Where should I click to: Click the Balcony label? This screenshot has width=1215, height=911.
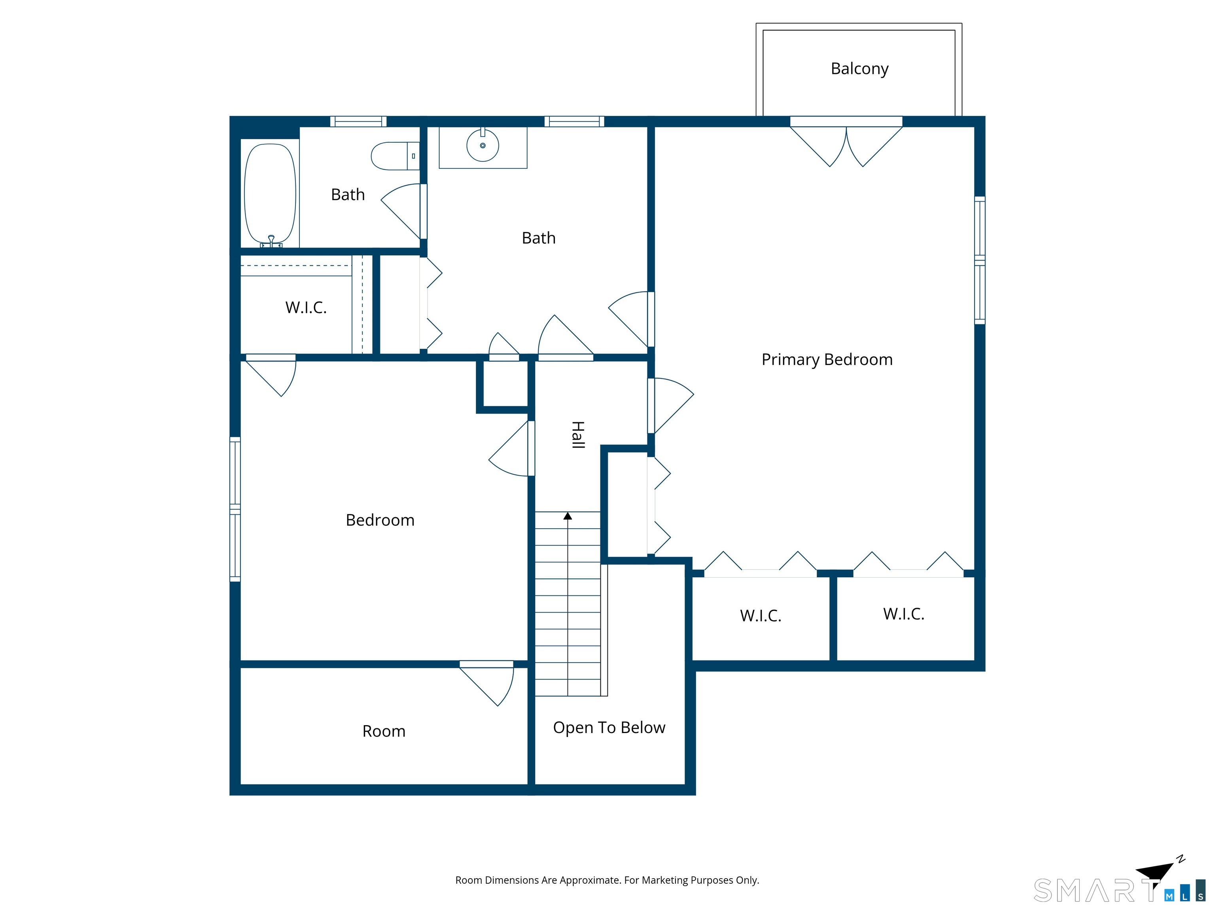(x=859, y=69)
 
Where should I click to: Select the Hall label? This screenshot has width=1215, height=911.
(x=577, y=435)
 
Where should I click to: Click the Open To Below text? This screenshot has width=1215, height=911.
(x=609, y=728)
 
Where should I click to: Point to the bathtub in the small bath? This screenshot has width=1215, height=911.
(x=270, y=195)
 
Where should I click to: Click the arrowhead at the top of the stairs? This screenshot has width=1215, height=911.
(x=568, y=516)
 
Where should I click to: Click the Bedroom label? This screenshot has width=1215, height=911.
(x=380, y=520)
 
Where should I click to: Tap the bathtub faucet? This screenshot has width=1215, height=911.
(x=271, y=241)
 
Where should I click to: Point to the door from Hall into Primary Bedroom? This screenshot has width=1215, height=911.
(x=671, y=406)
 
